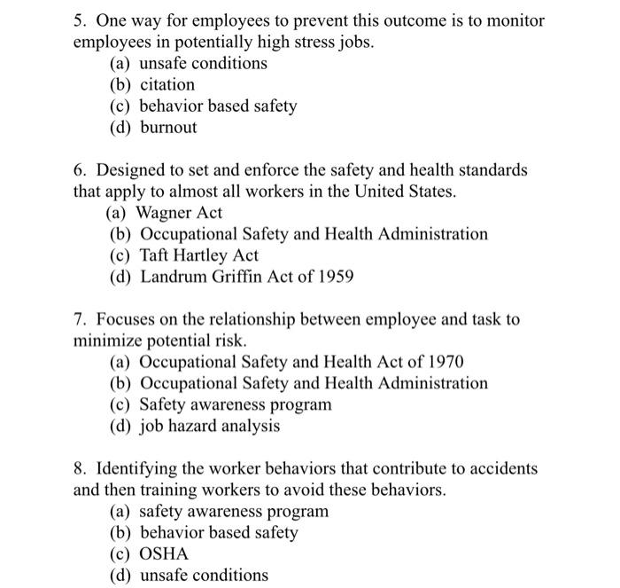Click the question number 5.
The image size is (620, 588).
tap(79, 20)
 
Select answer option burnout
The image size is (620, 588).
tap(168, 128)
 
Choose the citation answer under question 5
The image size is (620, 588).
tap(167, 85)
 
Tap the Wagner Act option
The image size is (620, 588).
tap(178, 213)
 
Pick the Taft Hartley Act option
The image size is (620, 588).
tap(198, 255)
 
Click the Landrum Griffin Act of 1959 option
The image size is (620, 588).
tap(246, 277)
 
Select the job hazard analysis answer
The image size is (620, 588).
tap(209, 426)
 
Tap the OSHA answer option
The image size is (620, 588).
tap(164, 553)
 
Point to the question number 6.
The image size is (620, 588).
tap(79, 169)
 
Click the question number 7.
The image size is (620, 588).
tap(79, 318)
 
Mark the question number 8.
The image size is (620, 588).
tap(79, 467)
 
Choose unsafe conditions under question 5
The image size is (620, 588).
tap(203, 64)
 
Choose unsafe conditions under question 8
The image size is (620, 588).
tap(203, 575)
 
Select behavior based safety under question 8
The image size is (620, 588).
tap(218, 532)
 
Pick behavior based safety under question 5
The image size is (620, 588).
tap(218, 106)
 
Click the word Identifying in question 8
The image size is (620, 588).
tap(138, 467)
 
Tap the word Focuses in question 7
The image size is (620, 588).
tap(128, 318)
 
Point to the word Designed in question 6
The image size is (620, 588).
tap(132, 169)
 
